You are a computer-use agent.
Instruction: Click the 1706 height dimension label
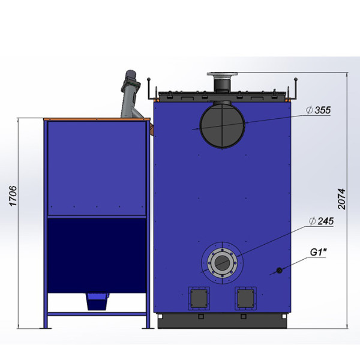(13, 196)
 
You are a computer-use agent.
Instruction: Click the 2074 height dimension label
(341, 199)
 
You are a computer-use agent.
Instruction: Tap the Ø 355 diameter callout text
(319, 110)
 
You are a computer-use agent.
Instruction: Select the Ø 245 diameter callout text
(321, 221)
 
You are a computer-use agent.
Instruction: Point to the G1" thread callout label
(318, 253)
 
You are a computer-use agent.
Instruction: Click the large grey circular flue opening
(222, 125)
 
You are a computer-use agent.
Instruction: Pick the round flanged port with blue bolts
(222, 263)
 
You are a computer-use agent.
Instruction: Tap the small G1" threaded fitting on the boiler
(279, 270)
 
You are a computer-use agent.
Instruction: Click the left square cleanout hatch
(199, 298)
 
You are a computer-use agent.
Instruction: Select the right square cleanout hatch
(245, 298)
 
